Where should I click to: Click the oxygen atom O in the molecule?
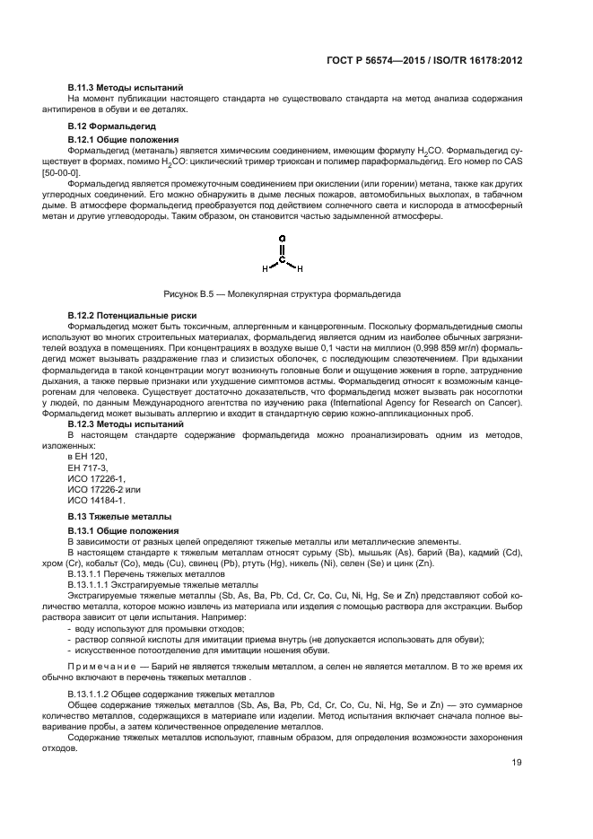pos(282,240)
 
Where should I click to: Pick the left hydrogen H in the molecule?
pos(265,268)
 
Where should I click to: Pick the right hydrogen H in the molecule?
pos(300,268)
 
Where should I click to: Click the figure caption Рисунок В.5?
pos(283,293)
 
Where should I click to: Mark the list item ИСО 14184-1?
pos(96,501)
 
